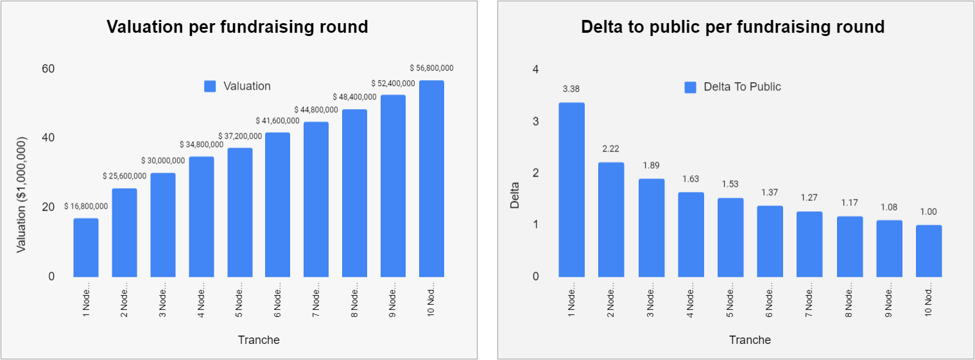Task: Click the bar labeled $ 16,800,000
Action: (86, 248)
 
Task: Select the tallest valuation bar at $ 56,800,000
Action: (431, 179)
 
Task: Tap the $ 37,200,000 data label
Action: (239, 136)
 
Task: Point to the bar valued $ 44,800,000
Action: (316, 200)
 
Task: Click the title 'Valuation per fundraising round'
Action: (237, 27)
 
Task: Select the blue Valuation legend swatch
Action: (210, 86)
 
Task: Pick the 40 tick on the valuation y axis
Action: (47, 137)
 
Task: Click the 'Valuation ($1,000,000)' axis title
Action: (22, 194)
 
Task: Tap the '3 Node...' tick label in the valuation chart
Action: (163, 300)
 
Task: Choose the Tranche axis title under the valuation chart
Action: (259, 340)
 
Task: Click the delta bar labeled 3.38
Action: (571, 190)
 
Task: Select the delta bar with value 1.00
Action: (929, 251)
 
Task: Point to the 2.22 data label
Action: (610, 150)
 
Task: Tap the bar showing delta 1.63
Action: (691, 235)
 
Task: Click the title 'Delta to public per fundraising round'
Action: (732, 27)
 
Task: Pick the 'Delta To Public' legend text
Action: (742, 87)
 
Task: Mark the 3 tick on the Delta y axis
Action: (535, 121)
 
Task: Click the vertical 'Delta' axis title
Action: (515, 196)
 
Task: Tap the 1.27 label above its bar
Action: (809, 198)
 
